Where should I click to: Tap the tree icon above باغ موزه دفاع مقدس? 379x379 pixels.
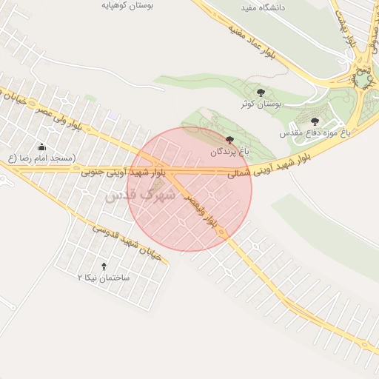pyautogui.click(x=315, y=121)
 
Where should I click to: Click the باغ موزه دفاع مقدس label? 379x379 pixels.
pyautogui.click(x=309, y=133)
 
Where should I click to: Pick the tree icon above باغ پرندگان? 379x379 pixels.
pyautogui.click(x=229, y=140)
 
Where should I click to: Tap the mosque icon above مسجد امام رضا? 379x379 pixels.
pyautogui.click(x=41, y=147)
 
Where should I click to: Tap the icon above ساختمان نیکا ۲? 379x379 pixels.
pyautogui.click(x=104, y=266)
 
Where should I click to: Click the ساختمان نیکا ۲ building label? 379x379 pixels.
pyautogui.click(x=104, y=278)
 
